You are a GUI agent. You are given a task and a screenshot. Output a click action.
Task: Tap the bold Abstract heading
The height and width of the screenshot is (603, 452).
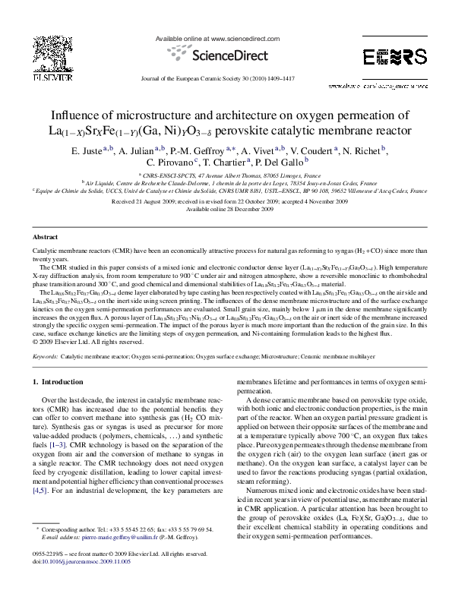[46, 238]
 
